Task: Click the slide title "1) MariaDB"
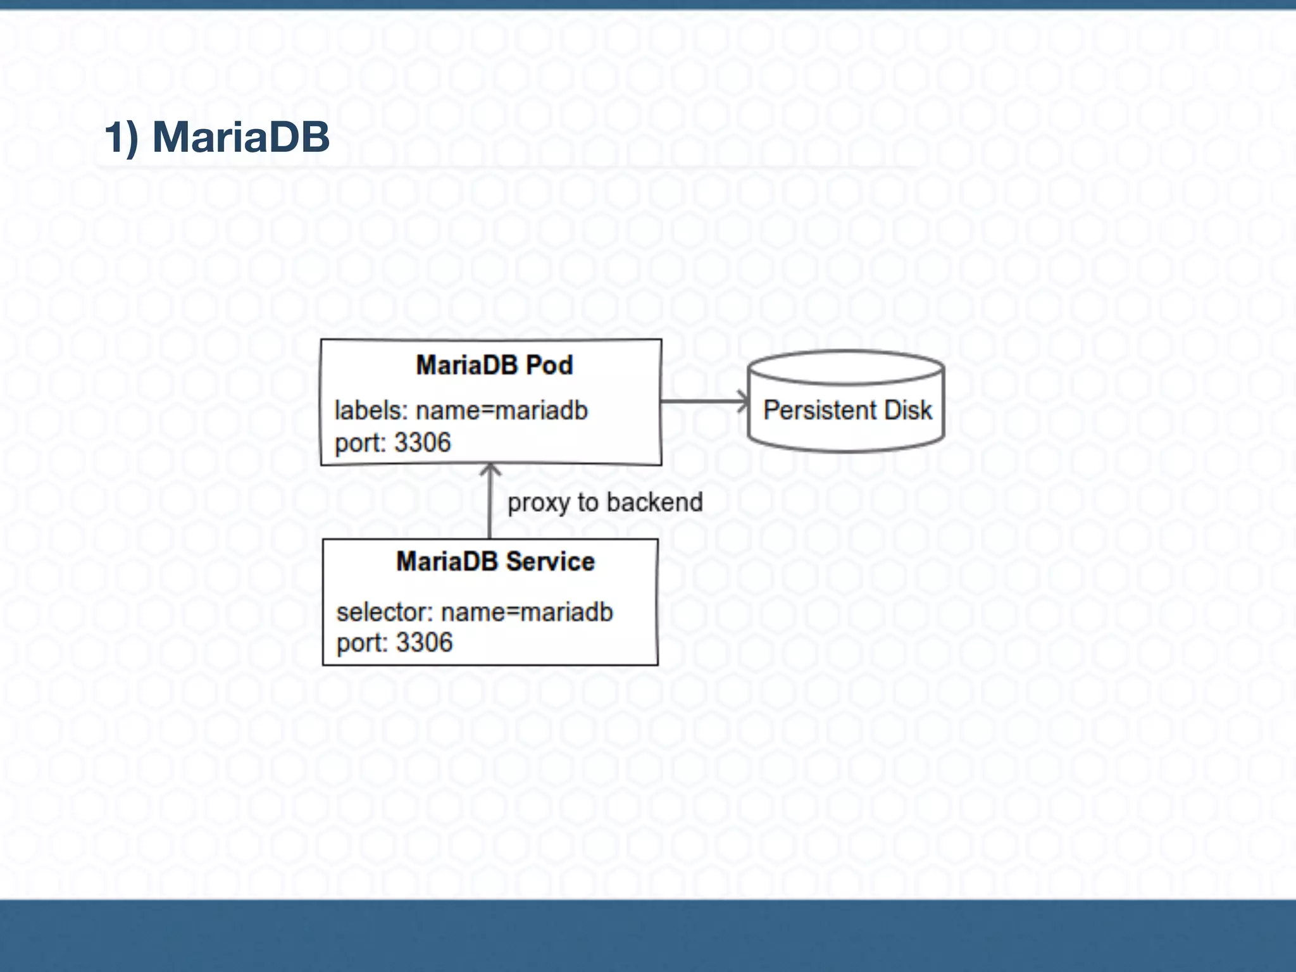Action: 217,137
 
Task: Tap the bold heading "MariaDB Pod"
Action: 494,365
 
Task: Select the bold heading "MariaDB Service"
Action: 495,561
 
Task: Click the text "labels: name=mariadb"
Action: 461,411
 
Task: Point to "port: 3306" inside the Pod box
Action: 392,442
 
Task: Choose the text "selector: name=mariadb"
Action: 475,612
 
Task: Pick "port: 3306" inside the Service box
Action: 394,643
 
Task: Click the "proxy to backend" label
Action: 605,502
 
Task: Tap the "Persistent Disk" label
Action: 847,410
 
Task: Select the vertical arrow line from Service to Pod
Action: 490,506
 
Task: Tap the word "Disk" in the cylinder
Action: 908,410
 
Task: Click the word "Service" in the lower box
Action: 550,561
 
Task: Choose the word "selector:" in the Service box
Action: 384,612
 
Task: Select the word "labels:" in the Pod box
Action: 371,411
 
